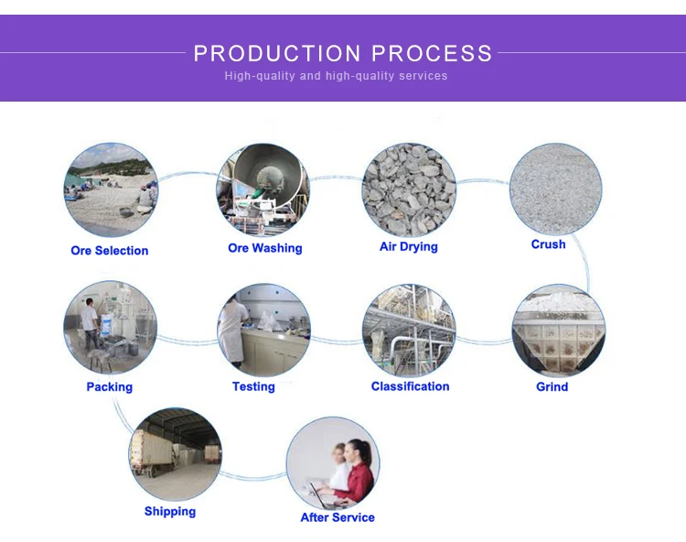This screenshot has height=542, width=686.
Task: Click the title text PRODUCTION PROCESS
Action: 343,53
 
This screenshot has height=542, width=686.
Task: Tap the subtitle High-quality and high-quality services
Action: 336,76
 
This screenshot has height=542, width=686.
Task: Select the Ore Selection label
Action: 109,251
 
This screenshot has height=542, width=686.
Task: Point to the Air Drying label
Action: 408,247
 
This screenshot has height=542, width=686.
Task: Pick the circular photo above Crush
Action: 555,188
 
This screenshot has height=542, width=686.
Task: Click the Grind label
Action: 552,387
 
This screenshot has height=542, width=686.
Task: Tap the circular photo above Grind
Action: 557,331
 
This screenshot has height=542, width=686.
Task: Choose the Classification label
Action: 410,386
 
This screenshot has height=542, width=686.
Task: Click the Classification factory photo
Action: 409,330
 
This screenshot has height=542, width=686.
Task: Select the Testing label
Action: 253,387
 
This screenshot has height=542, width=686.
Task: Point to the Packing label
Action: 109,387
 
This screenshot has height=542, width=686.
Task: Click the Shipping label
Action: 169,512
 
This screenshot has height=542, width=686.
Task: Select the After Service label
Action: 338,518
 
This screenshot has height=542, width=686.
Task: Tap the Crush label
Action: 548,245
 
